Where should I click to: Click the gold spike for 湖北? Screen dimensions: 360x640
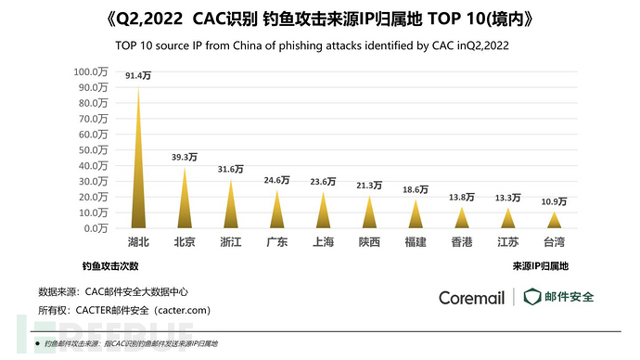(x=138, y=167)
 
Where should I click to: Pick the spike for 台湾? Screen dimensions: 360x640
(x=554, y=221)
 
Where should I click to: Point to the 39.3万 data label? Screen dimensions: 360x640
(x=186, y=157)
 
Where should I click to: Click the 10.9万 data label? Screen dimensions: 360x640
(x=554, y=201)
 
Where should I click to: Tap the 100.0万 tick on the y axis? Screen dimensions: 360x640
(x=92, y=71)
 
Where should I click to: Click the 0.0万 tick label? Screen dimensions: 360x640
(x=96, y=228)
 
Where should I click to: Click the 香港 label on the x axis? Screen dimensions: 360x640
(x=462, y=243)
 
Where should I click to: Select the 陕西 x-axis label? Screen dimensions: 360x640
(x=369, y=243)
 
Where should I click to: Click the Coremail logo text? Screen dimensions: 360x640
(x=472, y=298)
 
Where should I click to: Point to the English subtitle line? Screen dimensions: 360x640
(x=319, y=44)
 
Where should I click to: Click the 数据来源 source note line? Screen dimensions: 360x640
(x=115, y=290)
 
